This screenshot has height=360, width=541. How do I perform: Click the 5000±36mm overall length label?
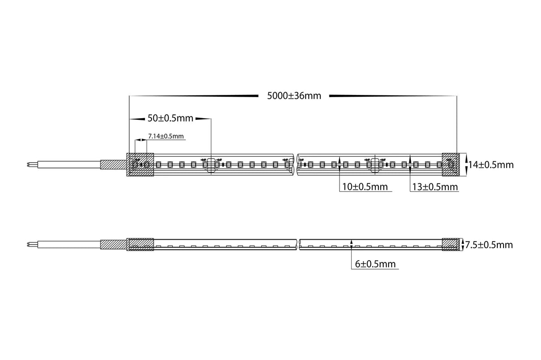[x=294, y=95]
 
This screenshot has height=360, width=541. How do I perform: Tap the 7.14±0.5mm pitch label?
[x=166, y=136]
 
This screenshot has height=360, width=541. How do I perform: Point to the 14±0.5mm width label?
[x=491, y=164]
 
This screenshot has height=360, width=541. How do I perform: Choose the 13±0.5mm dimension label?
[x=434, y=187]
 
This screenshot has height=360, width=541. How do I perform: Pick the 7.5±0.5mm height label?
[x=489, y=245]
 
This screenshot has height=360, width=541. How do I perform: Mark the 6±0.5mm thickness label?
[x=375, y=264]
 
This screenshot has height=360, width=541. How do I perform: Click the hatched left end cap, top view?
[x=140, y=164]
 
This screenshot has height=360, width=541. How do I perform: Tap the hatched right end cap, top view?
[x=450, y=164]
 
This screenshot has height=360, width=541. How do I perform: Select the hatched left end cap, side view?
[x=140, y=245]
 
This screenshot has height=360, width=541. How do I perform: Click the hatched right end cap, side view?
[x=450, y=245]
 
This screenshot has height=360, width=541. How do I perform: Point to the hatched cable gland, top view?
[x=114, y=164]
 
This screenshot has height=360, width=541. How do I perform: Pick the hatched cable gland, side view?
[x=114, y=245]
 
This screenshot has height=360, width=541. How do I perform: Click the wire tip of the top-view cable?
[x=29, y=164]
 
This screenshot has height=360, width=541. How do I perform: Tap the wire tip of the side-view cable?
[x=29, y=245]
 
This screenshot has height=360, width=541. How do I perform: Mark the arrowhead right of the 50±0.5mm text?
[x=203, y=119]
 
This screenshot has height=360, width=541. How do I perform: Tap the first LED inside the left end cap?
[x=135, y=165]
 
